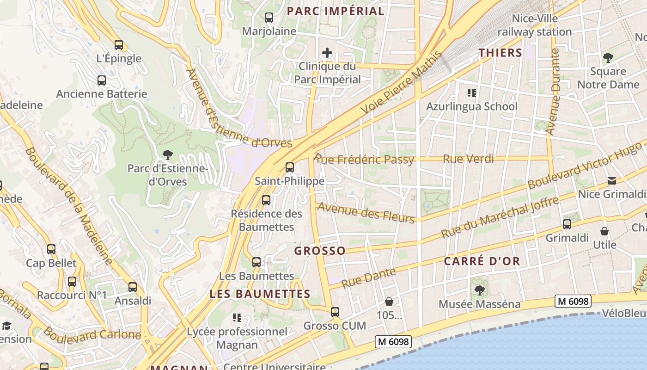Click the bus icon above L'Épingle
pos(119,45)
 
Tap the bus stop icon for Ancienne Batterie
pos(102,80)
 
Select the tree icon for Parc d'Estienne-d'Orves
pos(168,155)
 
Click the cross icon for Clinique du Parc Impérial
pos(327,53)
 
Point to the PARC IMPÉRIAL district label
pos(336,11)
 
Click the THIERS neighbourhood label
pos(501,53)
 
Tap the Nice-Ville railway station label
pos(535,25)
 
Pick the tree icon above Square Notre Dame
pos(608,58)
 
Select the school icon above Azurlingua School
pos(471,93)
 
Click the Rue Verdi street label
pos(468,159)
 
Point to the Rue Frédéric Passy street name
pos(364,160)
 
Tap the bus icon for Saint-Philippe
pos(290,167)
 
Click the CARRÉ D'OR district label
pos(482,261)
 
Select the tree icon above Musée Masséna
pos(479,290)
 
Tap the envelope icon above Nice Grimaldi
pos(612,180)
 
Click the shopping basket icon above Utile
pos(604,231)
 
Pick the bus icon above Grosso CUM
pos(335,312)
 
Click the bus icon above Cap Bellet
pos(51,249)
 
